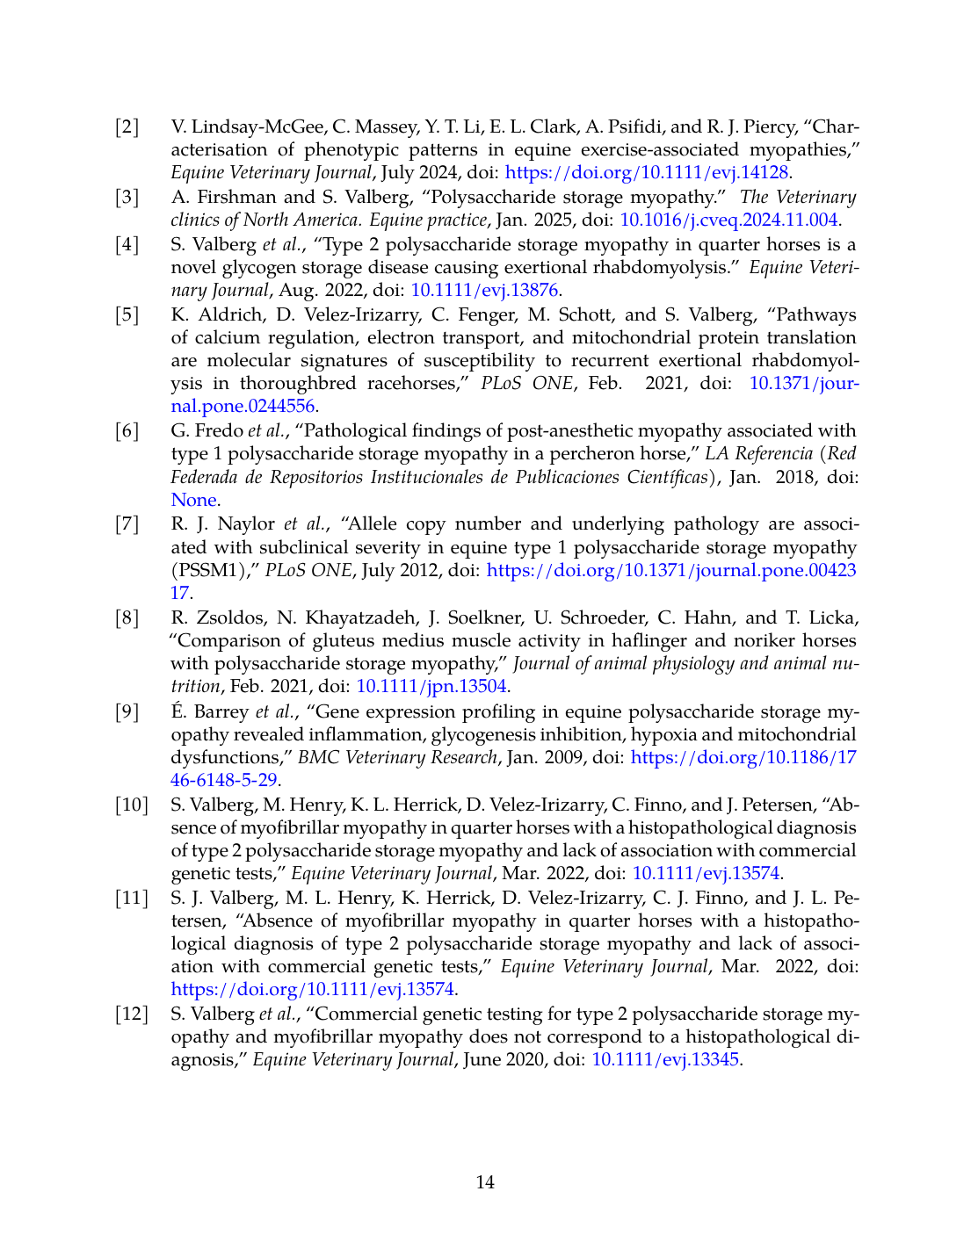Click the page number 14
coord(485,1182)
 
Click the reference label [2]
coord(127,126)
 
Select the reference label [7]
coord(127,524)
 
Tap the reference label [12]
coord(132,1014)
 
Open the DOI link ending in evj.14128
coord(647,172)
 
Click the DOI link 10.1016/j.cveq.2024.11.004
coord(729,220)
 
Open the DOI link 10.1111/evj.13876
coord(485,290)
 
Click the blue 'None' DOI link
coord(193,500)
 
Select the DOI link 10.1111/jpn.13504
coord(431,686)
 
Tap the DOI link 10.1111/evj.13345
coord(666,1059)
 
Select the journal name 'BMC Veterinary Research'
coord(397,757)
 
